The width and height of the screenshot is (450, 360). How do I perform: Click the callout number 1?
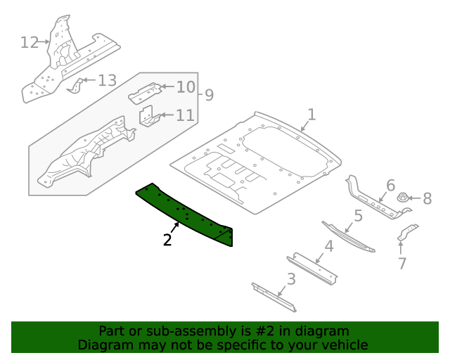point(311,114)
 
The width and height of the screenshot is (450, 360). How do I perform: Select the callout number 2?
point(167,240)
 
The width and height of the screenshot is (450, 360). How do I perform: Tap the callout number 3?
point(290,279)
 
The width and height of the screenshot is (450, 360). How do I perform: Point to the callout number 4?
point(328,246)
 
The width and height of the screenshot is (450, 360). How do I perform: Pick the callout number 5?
point(357,216)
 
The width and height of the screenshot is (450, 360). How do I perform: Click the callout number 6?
point(390,186)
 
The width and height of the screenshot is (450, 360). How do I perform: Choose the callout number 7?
point(402,264)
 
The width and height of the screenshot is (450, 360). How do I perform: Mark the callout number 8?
point(427,199)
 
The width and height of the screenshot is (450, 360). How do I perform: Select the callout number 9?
point(209,95)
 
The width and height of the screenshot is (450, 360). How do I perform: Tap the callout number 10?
point(185,87)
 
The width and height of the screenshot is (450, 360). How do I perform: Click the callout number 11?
point(185,115)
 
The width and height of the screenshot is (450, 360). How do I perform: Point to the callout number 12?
point(29,42)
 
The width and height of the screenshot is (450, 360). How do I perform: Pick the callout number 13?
point(107,80)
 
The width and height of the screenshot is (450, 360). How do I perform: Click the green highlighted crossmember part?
point(186,212)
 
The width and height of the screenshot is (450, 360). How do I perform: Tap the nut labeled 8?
point(405,199)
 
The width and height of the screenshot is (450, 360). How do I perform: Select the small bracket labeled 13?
point(75,85)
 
